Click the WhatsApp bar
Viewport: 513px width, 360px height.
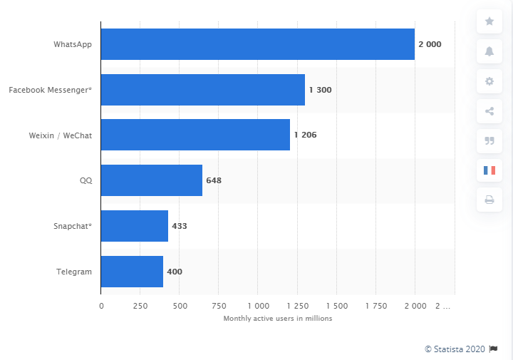[x=257, y=44]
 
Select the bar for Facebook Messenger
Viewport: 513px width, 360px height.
[x=202, y=90]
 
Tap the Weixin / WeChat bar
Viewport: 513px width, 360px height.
[x=195, y=135]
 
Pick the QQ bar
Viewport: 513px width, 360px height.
[x=151, y=180]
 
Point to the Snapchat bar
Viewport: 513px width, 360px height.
[x=134, y=225]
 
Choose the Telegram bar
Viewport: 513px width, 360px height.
[x=132, y=271]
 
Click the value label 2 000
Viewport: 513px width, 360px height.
[x=430, y=44]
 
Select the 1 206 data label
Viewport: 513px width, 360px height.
[x=306, y=135]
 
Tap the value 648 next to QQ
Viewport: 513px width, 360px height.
[x=214, y=180]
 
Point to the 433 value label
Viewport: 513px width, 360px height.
[x=179, y=225]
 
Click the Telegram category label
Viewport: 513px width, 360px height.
[x=73, y=271]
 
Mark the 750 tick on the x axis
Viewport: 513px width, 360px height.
[x=219, y=306]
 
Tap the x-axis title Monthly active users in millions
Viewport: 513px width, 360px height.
[x=278, y=319]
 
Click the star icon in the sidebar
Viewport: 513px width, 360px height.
[x=489, y=21]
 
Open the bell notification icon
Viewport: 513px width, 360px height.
[x=489, y=51]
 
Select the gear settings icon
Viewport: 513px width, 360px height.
[x=489, y=81]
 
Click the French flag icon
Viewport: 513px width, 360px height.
[x=489, y=170]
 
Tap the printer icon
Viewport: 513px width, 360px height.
[x=489, y=200]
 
